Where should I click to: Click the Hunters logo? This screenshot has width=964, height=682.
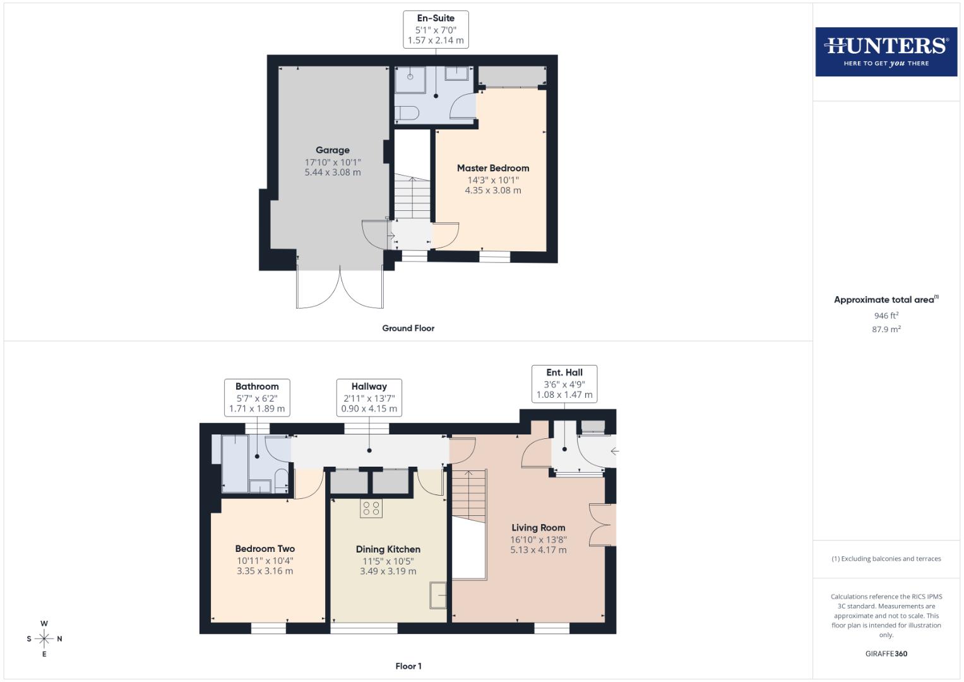(886, 52)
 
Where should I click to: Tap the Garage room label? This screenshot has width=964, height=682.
(333, 150)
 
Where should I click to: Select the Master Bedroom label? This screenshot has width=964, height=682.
(493, 168)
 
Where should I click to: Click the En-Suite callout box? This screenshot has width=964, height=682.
(436, 29)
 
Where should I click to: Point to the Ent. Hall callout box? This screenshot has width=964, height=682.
(564, 383)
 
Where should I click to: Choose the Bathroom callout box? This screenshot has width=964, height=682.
(257, 397)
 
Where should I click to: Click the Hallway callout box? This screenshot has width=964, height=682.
(369, 397)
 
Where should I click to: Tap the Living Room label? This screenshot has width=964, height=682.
(539, 528)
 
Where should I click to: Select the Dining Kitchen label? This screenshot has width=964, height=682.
(388, 549)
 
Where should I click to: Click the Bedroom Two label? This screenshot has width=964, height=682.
(265, 549)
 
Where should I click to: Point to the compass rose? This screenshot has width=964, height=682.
(44, 639)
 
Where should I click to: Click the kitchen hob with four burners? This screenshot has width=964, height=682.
(371, 508)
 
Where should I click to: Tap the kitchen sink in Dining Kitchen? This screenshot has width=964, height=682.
(439, 595)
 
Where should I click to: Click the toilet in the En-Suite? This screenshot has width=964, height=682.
(407, 114)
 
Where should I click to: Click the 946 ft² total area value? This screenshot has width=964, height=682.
(886, 315)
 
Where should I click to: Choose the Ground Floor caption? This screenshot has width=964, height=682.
(408, 328)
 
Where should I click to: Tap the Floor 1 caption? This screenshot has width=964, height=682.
(408, 666)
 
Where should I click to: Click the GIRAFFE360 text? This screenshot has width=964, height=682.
(886, 654)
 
